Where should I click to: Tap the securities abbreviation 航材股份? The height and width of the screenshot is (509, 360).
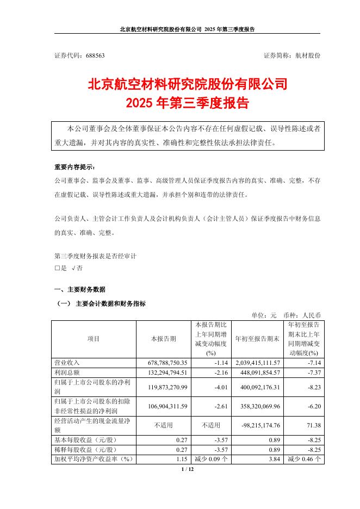(x=307, y=55)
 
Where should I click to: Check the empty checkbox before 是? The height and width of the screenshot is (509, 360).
(x=57, y=268)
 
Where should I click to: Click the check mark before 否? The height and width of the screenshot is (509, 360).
(x=73, y=268)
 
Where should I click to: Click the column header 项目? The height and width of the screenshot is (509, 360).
(x=94, y=338)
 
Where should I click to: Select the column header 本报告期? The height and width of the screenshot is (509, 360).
(x=163, y=338)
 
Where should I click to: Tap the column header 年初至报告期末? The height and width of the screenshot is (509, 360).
(x=257, y=338)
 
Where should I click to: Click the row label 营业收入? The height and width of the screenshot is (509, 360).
(x=67, y=362)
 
